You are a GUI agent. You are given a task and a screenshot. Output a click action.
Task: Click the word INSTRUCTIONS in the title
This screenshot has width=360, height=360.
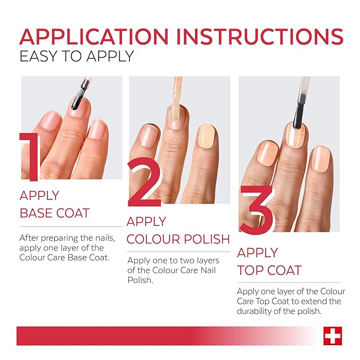260,36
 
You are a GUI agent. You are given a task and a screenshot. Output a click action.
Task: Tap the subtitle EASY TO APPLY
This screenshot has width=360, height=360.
76,56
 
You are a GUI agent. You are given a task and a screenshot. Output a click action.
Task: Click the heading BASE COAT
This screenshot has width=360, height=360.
55,213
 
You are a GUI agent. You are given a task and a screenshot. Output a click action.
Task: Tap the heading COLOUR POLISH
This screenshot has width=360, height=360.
178,239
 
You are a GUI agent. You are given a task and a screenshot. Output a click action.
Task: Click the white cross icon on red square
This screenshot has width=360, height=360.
332,336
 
